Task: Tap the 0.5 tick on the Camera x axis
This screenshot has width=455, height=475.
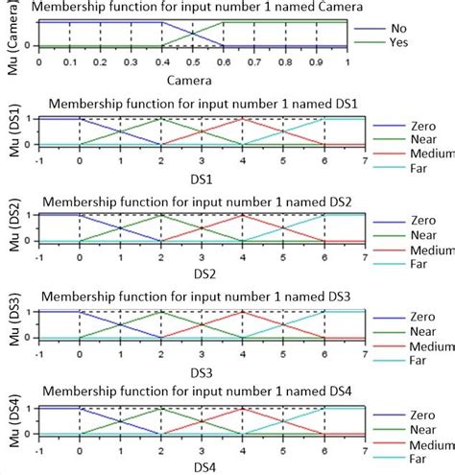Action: click(x=193, y=59)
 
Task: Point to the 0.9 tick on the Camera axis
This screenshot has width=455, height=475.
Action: click(x=316, y=59)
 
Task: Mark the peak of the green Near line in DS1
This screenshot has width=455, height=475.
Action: click(x=161, y=119)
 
